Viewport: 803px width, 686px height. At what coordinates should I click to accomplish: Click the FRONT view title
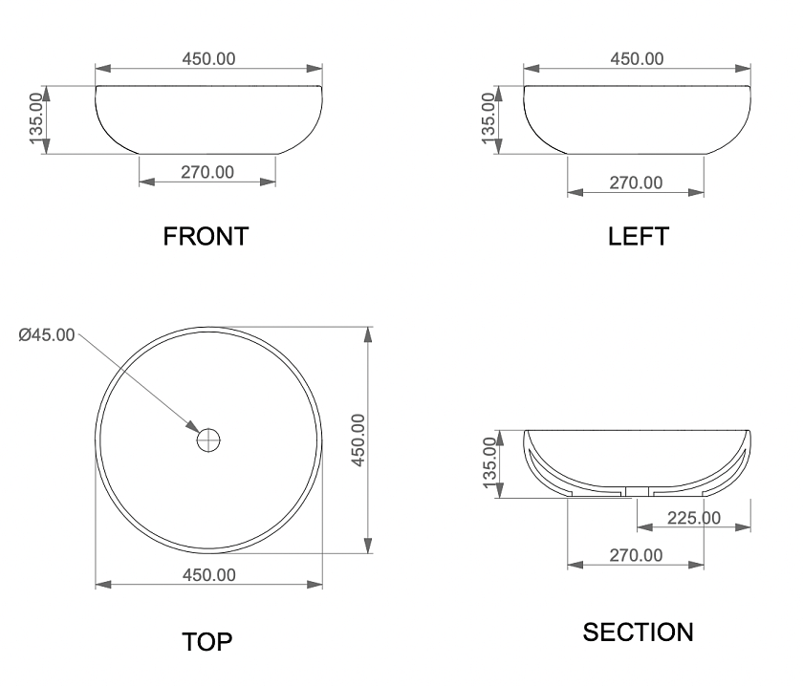pyautogui.click(x=206, y=237)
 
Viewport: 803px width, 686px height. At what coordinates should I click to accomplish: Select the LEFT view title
pyautogui.click(x=639, y=237)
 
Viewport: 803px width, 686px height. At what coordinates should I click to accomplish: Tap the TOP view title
pyautogui.click(x=207, y=642)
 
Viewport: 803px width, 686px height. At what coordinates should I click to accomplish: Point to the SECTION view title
pyautogui.click(x=639, y=632)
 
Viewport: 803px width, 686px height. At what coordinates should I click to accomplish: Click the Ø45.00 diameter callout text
pyautogui.click(x=47, y=334)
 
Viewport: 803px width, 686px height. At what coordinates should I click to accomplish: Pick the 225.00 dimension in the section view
pyautogui.click(x=694, y=518)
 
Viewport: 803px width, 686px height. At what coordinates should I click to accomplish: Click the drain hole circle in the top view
pyautogui.click(x=208, y=440)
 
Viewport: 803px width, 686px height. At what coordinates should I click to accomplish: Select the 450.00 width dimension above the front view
pyautogui.click(x=209, y=59)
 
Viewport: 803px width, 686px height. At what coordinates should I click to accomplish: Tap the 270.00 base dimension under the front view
pyautogui.click(x=207, y=172)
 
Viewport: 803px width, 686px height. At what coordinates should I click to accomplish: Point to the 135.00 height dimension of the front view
pyautogui.click(x=36, y=118)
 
